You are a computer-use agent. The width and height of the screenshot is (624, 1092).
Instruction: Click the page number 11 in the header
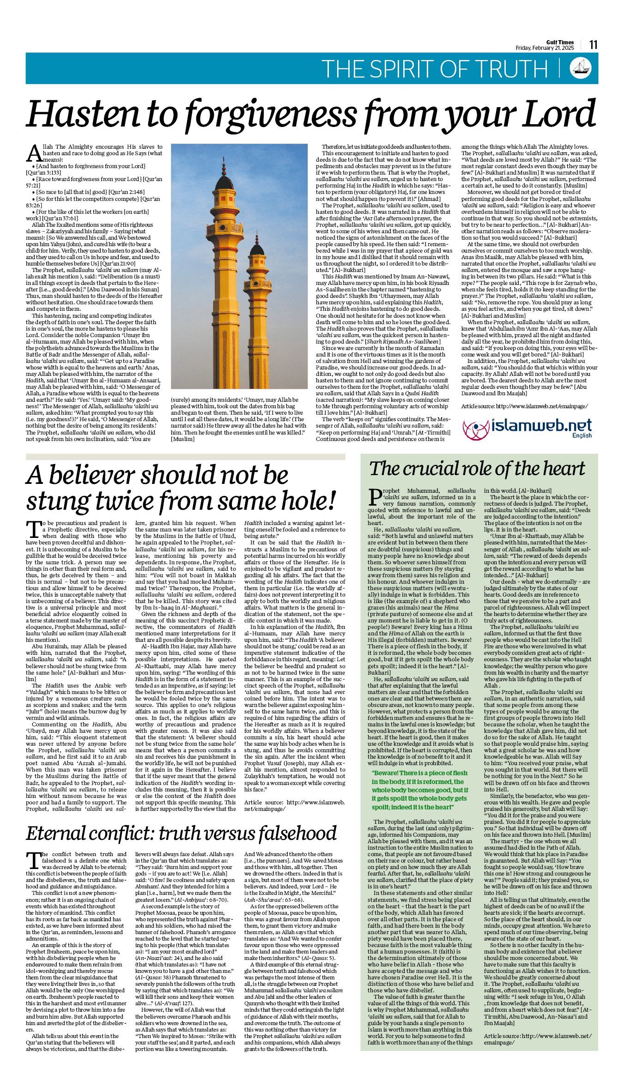click(593, 45)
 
